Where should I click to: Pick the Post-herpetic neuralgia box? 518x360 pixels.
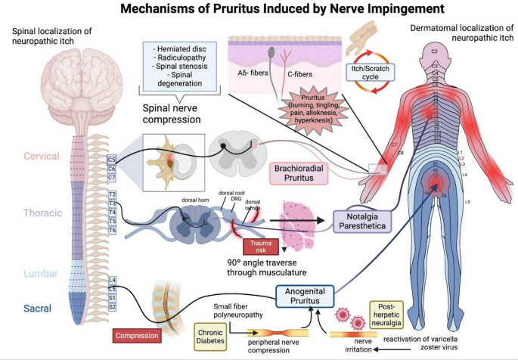point(391,312)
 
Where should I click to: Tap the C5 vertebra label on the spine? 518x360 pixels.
point(111,160)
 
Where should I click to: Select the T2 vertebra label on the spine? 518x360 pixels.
point(111,194)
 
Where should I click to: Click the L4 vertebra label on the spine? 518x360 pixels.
point(111,280)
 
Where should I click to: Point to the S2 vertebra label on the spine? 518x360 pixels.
point(111,307)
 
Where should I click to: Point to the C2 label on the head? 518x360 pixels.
point(435,51)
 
